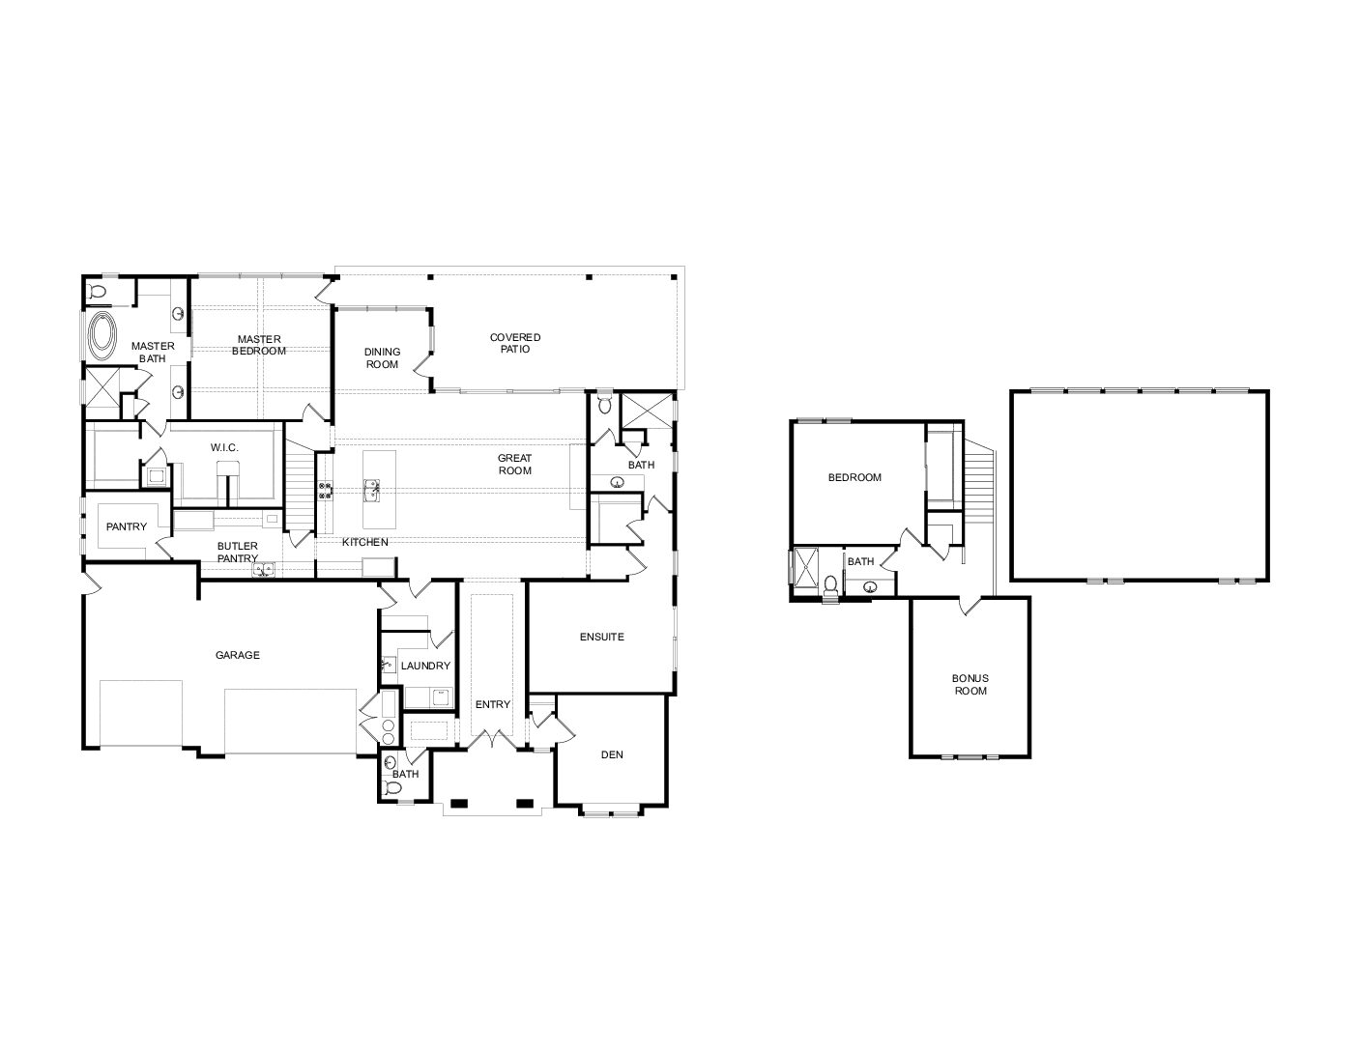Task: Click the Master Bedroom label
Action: [x=259, y=345]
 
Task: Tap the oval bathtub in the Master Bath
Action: [x=102, y=336]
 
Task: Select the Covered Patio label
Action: [x=515, y=343]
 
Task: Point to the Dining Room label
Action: [x=382, y=358]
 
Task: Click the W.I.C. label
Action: [x=224, y=447]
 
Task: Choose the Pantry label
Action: [x=127, y=526]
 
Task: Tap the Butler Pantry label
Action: [x=238, y=553]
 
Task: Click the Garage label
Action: [x=238, y=655]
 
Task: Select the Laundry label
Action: [x=426, y=666]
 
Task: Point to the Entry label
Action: [x=493, y=704]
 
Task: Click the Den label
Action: [x=612, y=754]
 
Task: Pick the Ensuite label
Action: [x=602, y=637]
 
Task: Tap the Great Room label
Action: [x=515, y=464]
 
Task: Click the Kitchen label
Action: [x=365, y=542]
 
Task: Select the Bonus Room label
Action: [x=970, y=684]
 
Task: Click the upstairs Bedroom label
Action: [x=854, y=477]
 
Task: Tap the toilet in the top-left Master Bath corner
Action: [x=98, y=291]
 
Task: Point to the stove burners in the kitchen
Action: [x=325, y=490]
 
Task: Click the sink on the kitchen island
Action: [x=371, y=490]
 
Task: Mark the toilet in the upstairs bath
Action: [x=830, y=587]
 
